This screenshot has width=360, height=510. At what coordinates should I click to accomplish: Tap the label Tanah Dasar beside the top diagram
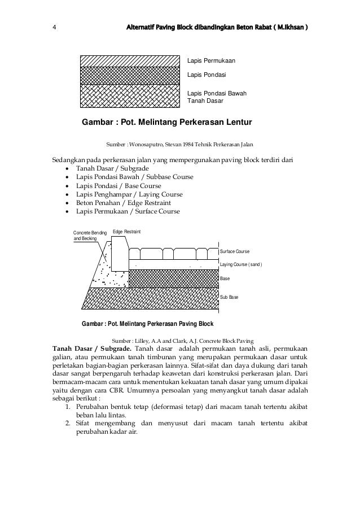[205, 102]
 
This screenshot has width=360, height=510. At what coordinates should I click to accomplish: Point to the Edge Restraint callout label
[127, 232]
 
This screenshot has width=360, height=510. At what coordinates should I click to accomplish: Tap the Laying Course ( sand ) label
[241, 265]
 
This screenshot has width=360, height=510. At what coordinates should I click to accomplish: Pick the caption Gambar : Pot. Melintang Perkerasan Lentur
[167, 122]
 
